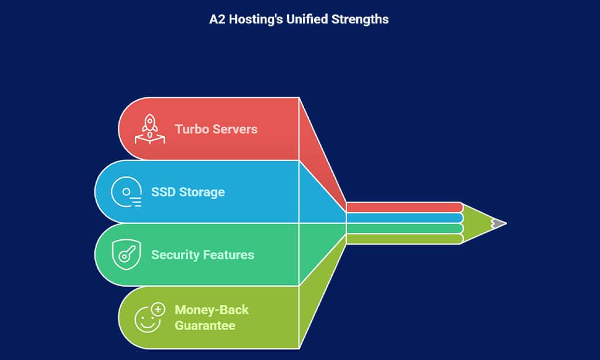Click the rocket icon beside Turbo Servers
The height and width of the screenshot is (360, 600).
(149, 129)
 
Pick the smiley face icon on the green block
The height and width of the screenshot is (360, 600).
(146, 318)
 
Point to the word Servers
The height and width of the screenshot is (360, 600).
(236, 129)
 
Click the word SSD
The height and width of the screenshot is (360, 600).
(163, 192)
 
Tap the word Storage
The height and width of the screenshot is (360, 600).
(202, 192)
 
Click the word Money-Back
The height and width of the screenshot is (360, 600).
(212, 310)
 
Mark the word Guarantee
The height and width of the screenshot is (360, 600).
(205, 325)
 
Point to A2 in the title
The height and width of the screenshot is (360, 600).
(217, 19)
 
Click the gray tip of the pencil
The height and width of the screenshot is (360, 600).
(499, 223)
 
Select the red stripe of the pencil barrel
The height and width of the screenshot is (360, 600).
(404, 207)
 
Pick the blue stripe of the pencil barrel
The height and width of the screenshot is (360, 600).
(404, 218)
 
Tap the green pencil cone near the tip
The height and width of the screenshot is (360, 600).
(478, 223)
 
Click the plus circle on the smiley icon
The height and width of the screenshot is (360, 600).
(158, 308)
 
